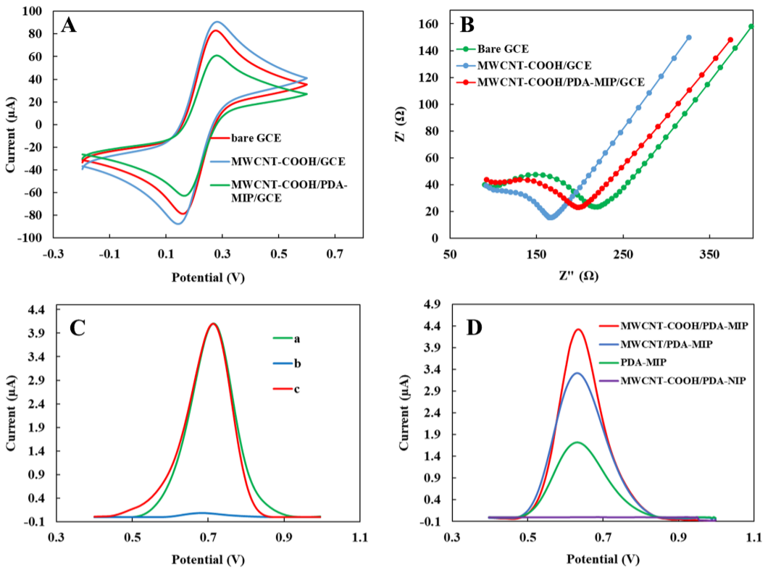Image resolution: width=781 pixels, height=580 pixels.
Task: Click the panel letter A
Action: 70,25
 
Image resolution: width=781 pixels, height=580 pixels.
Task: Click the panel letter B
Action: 467,25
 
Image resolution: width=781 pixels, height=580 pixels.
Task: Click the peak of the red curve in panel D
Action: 578,329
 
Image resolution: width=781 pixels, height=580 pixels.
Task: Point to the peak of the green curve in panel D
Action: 577,442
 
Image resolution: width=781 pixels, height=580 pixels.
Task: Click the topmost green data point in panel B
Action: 751,27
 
